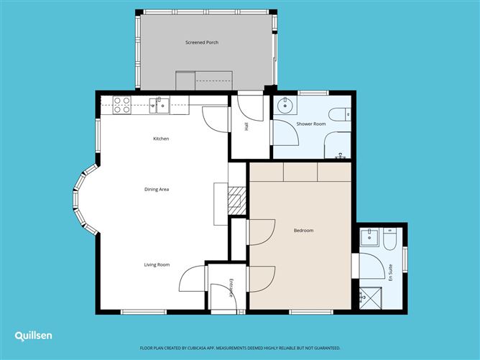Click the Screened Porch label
point(202,42)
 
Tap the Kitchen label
point(161,139)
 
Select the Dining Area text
point(157,189)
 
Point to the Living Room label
point(157,265)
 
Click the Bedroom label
point(303,231)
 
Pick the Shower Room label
point(311,124)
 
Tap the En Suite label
point(390,272)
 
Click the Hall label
point(246,126)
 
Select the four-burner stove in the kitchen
point(122,105)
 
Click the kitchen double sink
point(160,106)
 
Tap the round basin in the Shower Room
point(285,106)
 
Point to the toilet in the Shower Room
point(340,114)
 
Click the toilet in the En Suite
point(389,239)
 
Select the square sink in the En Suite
point(369,237)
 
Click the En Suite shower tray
point(370,298)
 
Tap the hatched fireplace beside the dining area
point(237,200)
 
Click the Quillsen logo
point(33,336)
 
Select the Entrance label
point(231,287)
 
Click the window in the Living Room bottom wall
point(144,312)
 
